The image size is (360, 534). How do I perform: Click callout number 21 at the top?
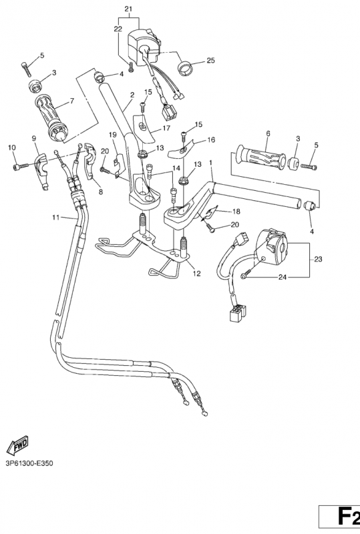[128, 8]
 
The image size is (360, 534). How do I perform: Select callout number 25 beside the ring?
[210, 61]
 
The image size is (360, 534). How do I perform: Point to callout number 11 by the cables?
[55, 218]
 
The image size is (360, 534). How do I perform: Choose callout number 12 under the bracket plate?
[195, 273]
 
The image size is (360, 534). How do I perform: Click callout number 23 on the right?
[317, 259]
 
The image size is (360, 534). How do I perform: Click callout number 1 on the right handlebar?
[211, 162]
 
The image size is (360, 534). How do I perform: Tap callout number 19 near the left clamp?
[113, 136]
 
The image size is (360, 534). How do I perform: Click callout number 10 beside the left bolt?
[11, 147]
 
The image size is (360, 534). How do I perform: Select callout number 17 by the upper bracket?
[167, 128]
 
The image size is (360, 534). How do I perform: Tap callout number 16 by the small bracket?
[211, 140]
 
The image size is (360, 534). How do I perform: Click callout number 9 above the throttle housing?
[33, 138]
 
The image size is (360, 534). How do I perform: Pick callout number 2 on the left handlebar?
[132, 95]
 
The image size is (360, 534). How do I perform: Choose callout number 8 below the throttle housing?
[101, 192]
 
